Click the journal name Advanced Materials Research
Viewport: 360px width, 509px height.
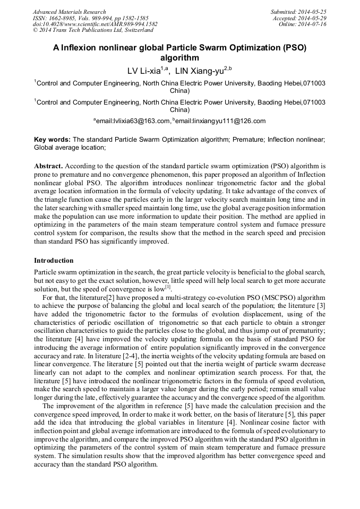click(x=70, y=12)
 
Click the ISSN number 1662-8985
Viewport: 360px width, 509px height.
click(x=64, y=18)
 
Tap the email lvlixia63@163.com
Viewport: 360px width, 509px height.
click(x=136, y=121)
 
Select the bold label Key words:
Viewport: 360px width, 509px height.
click(x=52, y=140)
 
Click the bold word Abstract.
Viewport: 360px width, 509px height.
click(x=48, y=166)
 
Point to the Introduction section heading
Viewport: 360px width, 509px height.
click(x=54, y=261)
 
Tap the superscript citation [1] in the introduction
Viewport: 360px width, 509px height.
click(x=168, y=287)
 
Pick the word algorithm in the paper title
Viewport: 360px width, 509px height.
click(x=179, y=58)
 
